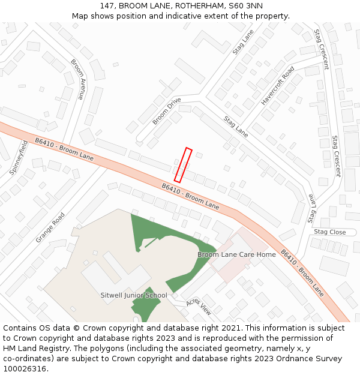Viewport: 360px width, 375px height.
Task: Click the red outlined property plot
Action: [183, 165]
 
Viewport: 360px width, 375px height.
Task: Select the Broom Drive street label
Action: [166, 112]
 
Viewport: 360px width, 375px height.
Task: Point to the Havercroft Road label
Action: [278, 86]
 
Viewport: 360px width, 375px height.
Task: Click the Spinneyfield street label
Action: [19, 157]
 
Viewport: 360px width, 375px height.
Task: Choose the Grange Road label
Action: [50, 227]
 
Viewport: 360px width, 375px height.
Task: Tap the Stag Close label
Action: [329, 232]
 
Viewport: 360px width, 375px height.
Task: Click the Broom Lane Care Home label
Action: [236, 254]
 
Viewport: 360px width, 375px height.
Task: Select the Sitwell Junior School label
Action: [134, 295]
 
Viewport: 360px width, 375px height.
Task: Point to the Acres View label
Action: [199, 307]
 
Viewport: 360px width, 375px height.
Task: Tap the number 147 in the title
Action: [107, 6]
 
